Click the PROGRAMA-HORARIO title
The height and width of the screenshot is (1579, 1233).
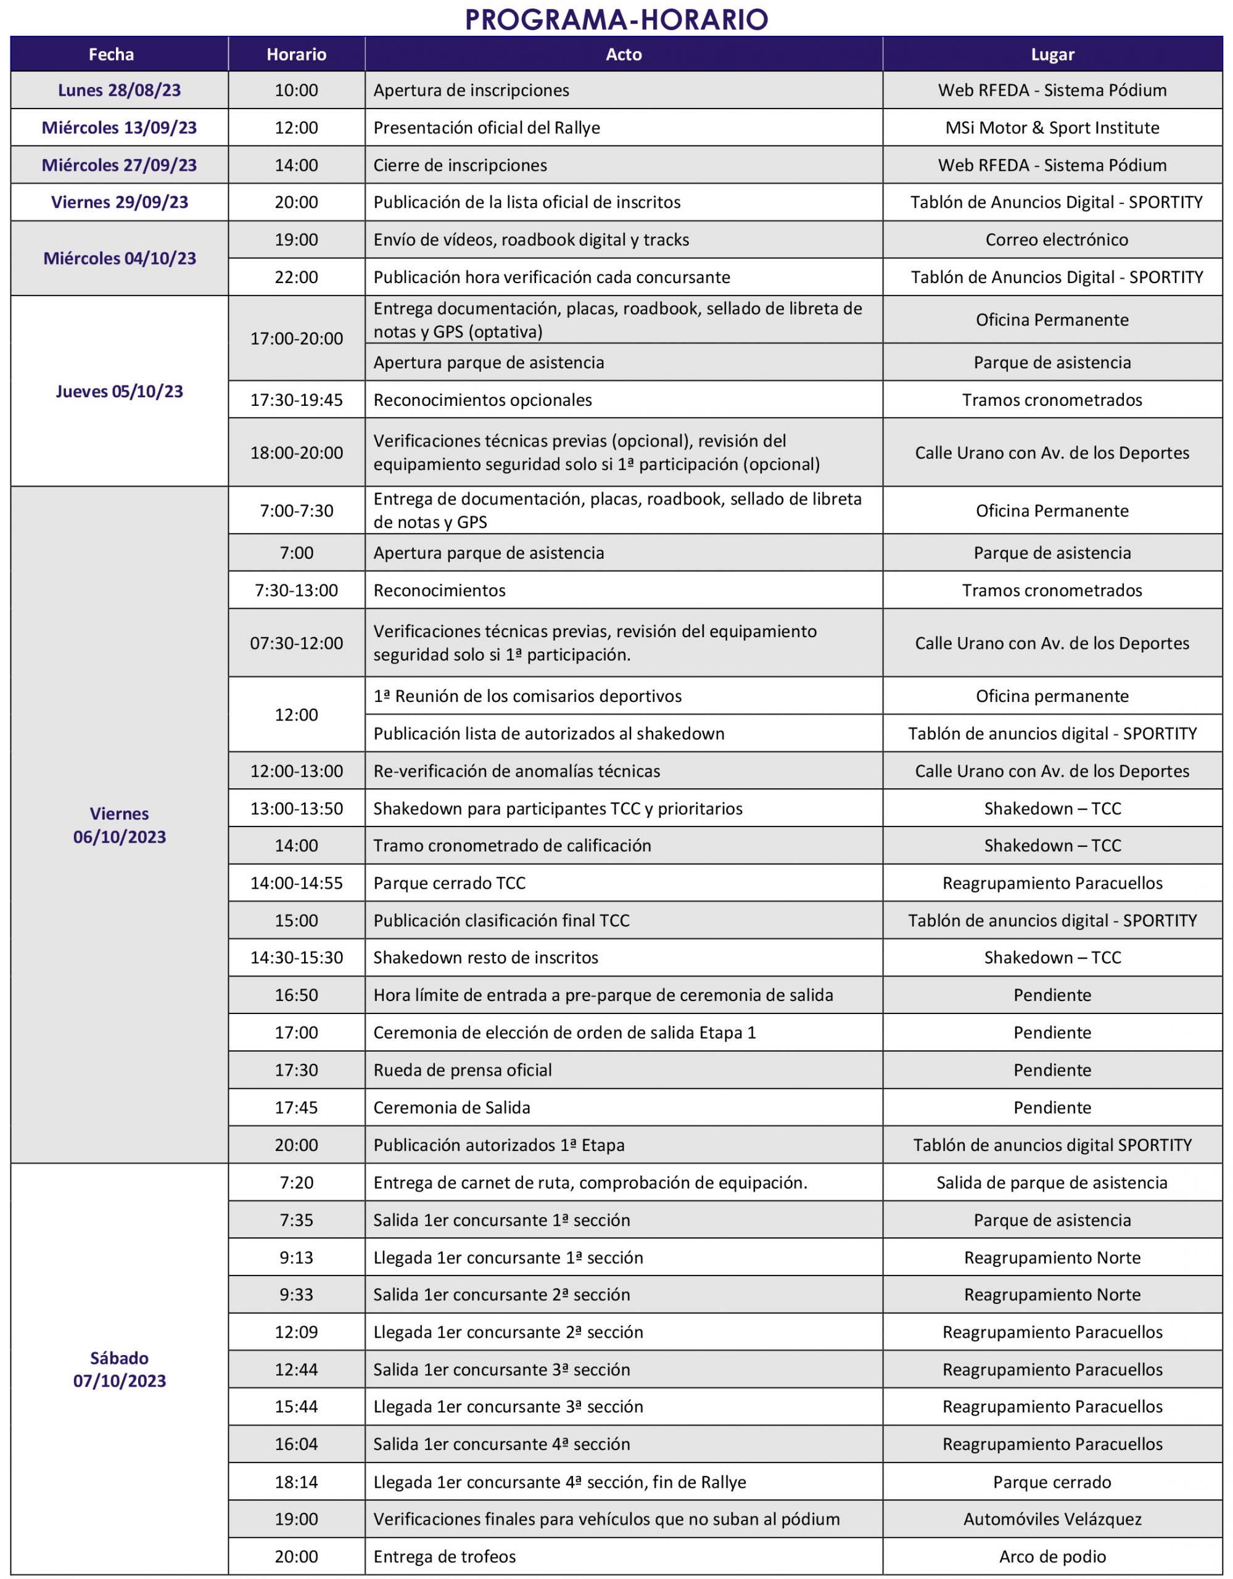[616, 20]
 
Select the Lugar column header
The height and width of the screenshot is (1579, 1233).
[1052, 54]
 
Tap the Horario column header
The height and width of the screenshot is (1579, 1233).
[297, 54]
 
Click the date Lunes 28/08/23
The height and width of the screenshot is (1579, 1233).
[119, 91]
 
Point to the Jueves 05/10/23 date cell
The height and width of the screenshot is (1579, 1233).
[119, 391]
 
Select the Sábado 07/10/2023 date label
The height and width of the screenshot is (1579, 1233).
[119, 1369]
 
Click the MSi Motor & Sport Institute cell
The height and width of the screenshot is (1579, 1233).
[1052, 128]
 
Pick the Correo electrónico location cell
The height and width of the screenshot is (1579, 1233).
[1056, 240]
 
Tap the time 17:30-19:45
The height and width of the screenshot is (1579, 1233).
[297, 400]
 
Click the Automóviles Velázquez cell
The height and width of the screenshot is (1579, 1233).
[1052, 1519]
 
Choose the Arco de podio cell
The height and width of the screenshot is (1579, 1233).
[1052, 1557]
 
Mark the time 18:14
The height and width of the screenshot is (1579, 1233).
[297, 1482]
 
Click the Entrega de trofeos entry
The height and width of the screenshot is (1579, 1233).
[445, 1557]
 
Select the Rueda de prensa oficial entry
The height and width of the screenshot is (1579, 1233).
[463, 1070]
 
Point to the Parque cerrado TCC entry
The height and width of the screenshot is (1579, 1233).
[449, 883]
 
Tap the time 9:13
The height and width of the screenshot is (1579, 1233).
[297, 1257]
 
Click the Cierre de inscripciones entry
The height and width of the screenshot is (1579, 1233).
[460, 165]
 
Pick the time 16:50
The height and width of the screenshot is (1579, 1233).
[297, 995]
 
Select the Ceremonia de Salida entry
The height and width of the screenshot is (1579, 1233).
[452, 1108]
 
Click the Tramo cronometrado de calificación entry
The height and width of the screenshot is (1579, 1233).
[512, 846]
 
